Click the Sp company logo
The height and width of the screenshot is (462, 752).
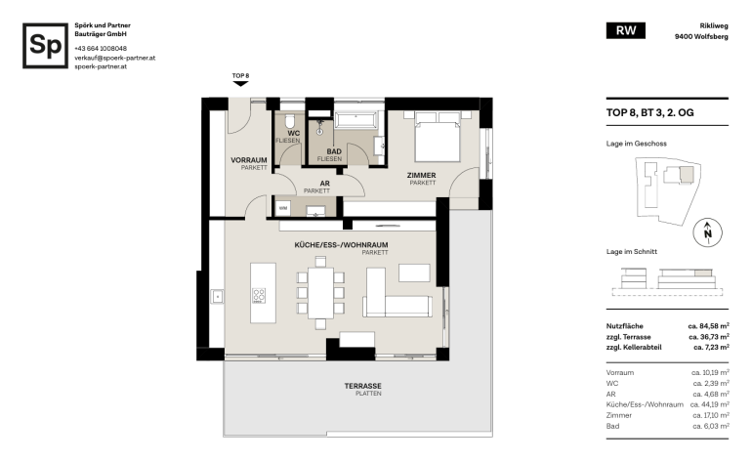click(x=45, y=46)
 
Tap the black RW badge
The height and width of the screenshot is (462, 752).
click(x=625, y=30)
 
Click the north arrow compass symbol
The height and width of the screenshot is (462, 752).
click(x=707, y=232)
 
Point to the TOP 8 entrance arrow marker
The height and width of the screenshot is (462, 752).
click(x=240, y=83)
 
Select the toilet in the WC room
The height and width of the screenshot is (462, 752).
click(x=290, y=121)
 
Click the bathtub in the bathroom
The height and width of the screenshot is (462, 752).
click(x=355, y=120)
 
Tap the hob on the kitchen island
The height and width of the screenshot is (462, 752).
click(x=259, y=296)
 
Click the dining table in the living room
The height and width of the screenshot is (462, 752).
click(x=320, y=293)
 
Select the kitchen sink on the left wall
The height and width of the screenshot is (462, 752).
click(x=217, y=297)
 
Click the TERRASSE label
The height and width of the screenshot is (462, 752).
click(x=363, y=386)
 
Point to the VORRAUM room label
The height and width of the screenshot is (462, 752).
click(x=248, y=160)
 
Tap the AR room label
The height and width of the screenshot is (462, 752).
click(x=324, y=184)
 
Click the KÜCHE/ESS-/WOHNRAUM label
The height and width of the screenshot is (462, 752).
click(x=341, y=244)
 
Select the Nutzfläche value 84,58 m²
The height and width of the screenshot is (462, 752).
click(x=709, y=326)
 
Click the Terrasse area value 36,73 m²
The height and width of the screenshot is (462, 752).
click(x=709, y=337)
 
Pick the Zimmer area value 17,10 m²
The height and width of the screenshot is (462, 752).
click(x=711, y=415)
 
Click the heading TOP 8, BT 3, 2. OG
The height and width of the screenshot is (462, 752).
click(x=649, y=112)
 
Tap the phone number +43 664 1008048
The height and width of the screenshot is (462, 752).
click(x=101, y=49)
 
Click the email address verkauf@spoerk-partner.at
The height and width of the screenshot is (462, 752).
click(x=114, y=58)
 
